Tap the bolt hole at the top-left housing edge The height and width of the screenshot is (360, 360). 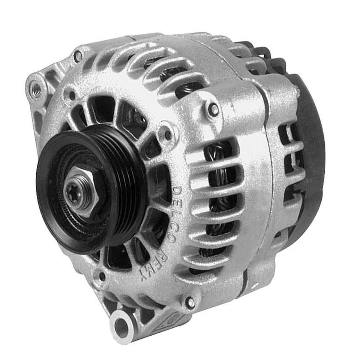click(x=78, y=57)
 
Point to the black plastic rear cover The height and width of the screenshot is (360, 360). click(x=311, y=157)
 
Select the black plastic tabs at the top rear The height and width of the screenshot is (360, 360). click(x=262, y=52)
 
